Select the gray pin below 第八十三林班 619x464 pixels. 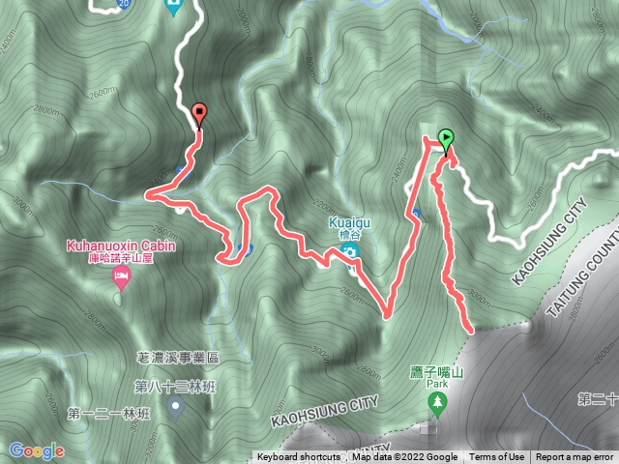pyautogui.click(x=176, y=405)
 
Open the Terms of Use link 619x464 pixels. pyautogui.click(x=497, y=457)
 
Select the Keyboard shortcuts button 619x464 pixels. pyautogui.click(x=298, y=457)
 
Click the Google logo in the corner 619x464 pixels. pyautogui.click(x=37, y=450)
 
